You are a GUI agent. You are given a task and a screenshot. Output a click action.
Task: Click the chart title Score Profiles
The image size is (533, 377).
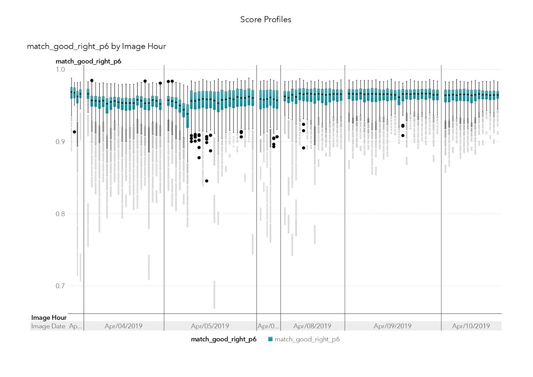pyautogui.click(x=266, y=19)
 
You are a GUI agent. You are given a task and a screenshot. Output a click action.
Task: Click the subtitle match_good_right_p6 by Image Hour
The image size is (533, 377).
pyautogui.click(x=96, y=46)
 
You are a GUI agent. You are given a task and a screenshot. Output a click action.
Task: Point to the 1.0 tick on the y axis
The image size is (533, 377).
pyautogui.click(x=60, y=70)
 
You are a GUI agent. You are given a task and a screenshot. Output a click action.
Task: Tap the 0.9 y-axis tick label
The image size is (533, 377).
pyautogui.click(x=60, y=142)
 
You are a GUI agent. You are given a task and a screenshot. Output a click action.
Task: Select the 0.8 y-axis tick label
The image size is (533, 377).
pyautogui.click(x=60, y=214)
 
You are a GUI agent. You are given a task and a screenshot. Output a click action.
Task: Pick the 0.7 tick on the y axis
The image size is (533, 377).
pyautogui.click(x=60, y=286)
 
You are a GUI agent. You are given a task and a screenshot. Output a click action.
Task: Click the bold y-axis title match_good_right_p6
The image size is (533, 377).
pyautogui.click(x=88, y=61)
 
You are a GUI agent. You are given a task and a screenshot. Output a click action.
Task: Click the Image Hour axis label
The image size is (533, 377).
pyautogui.click(x=49, y=317)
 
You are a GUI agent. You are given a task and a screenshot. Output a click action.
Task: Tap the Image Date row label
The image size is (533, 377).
pyautogui.click(x=48, y=326)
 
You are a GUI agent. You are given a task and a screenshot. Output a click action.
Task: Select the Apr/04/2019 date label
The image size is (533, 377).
pyautogui.click(x=123, y=326)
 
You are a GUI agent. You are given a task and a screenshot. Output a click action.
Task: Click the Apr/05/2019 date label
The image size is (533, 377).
pyautogui.click(x=210, y=326)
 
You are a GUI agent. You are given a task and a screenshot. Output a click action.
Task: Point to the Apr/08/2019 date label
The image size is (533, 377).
pyautogui.click(x=312, y=326)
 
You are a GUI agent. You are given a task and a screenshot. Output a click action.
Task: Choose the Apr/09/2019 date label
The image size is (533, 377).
pyautogui.click(x=392, y=326)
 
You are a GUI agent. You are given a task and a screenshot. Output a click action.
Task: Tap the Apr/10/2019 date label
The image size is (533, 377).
pyautogui.click(x=471, y=326)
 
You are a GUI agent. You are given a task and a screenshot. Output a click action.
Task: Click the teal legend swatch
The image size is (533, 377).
pyautogui.click(x=270, y=339)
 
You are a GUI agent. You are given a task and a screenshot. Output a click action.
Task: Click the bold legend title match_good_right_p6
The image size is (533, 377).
pyautogui.click(x=223, y=339)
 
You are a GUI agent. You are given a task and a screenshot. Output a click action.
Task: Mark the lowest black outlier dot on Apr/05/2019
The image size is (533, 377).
pyautogui.click(x=207, y=181)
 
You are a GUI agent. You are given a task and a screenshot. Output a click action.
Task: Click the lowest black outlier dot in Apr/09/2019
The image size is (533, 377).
pyautogui.click(x=403, y=135)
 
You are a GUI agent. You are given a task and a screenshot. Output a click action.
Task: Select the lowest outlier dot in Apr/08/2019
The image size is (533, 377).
pyautogui.click(x=303, y=148)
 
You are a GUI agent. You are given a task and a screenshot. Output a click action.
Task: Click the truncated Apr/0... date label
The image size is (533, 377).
pyautogui.click(x=268, y=326)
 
